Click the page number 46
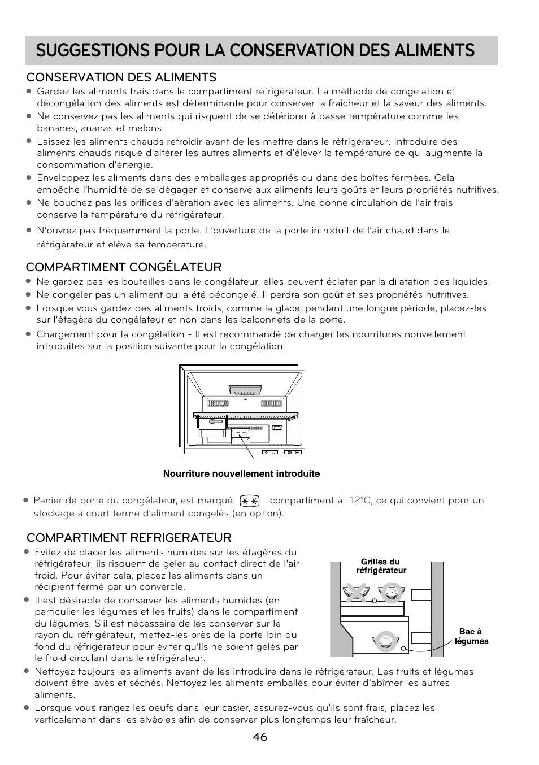(260, 737)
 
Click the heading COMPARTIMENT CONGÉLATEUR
(124, 267)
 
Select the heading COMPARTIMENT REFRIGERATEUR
(129, 537)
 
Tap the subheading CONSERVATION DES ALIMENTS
(121, 77)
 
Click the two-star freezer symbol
(249, 501)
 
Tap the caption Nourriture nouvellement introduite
(241, 474)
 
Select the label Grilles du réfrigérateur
(381, 566)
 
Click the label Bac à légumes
(471, 636)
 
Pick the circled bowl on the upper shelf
(390, 592)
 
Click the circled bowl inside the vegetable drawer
(386, 641)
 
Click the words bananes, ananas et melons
(100, 128)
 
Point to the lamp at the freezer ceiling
(246, 390)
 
